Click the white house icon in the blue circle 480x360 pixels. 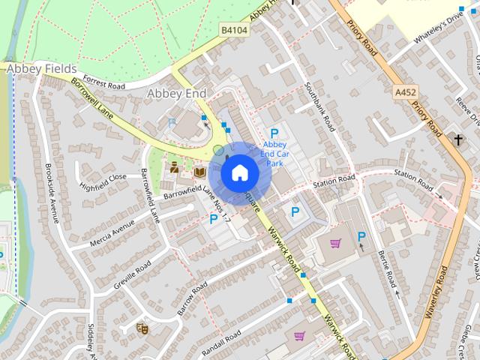(239, 172)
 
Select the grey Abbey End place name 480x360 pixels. (176, 93)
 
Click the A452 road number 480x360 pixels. (406, 91)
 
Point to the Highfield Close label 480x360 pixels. (103, 181)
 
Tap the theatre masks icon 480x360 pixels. (141, 327)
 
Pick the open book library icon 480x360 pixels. (199, 172)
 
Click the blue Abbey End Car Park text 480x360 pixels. (274, 153)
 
